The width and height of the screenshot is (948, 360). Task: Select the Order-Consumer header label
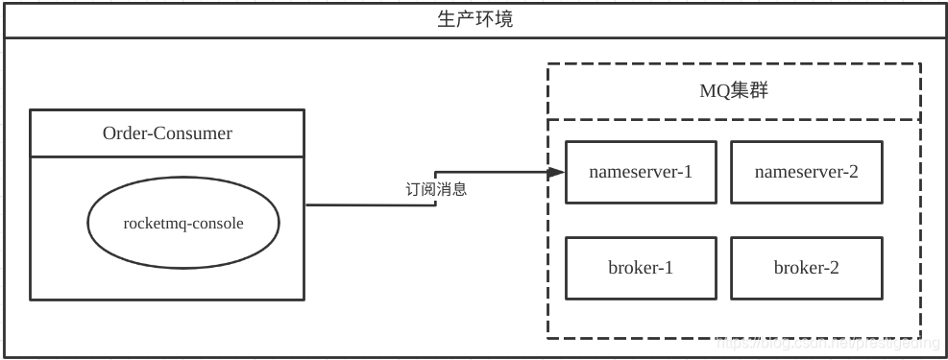167,133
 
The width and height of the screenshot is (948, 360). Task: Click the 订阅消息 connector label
436,189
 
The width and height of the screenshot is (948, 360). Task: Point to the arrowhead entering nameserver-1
555,173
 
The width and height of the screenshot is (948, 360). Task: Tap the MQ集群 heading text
734,91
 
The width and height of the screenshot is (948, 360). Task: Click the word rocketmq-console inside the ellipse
183,223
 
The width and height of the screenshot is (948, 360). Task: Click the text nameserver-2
806,172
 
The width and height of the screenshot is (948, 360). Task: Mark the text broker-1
641,268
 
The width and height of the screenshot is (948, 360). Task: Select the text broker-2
806,268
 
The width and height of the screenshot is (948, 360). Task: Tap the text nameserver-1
641,172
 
